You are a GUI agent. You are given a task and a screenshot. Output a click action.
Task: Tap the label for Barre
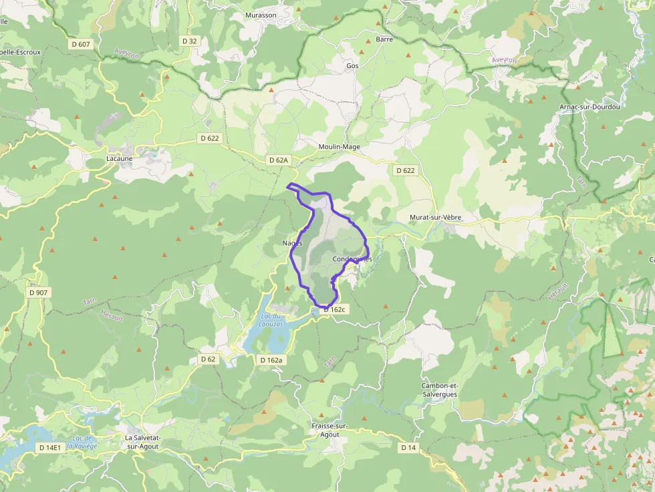coord(384,39)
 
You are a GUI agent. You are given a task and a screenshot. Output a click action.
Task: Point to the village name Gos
coord(352,66)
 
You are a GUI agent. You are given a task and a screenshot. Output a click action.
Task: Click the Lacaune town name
coord(120,159)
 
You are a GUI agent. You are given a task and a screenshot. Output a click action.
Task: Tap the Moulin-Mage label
coord(340,147)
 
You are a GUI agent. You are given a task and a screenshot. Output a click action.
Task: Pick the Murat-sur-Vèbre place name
coord(435,218)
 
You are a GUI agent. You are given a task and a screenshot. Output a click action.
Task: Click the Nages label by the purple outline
coord(292,244)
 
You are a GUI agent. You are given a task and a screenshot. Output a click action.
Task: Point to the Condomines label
coord(352,259)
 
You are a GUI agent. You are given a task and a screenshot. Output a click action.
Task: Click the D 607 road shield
coord(80,44)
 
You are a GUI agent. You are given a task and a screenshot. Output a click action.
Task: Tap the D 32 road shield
coord(190,41)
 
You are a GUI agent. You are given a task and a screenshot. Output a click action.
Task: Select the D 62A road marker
coord(278,160)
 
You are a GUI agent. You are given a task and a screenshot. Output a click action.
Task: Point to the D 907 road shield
coord(39,292)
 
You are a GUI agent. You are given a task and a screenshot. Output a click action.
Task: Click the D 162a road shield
coord(271,360)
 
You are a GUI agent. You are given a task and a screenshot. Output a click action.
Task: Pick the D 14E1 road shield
coord(49,448)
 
